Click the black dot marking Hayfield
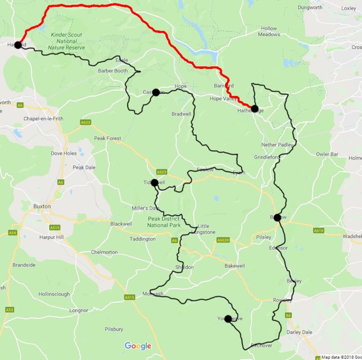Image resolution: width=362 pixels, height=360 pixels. [x=18, y=45]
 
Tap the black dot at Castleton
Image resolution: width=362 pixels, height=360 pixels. [x=156, y=92]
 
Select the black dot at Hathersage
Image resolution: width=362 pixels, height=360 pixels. [x=254, y=109]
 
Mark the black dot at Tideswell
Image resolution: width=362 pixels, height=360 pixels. [x=154, y=183]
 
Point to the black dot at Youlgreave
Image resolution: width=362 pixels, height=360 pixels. [x=228, y=319]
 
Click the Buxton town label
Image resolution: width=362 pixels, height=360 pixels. [x=42, y=206]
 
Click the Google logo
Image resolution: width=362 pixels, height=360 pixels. [x=138, y=346]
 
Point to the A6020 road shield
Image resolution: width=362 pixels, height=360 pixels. [x=223, y=241]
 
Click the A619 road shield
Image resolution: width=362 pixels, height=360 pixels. [x=319, y=230]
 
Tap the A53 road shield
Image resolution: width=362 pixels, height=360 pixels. [x=10, y=309]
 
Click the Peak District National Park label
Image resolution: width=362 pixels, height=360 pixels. [x=164, y=222]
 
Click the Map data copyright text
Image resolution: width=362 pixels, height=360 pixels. [x=341, y=357]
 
